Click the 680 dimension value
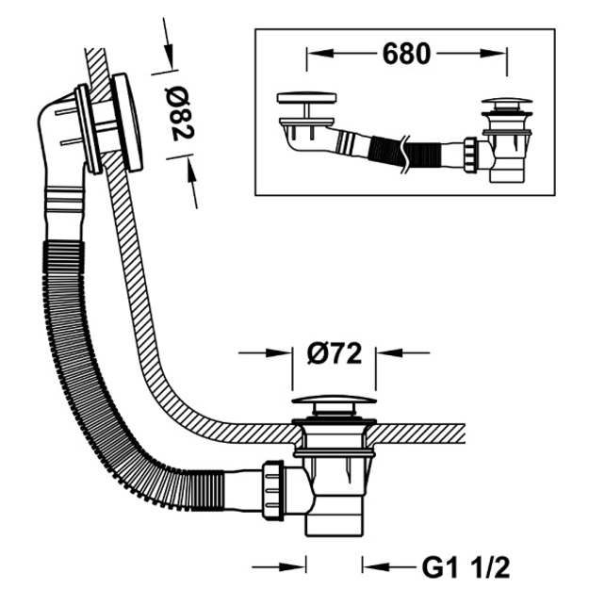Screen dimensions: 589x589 [406, 54]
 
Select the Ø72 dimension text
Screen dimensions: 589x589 [334, 353]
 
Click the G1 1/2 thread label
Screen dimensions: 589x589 [466, 567]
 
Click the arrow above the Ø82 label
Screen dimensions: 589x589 [168, 42]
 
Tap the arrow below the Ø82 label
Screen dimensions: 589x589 [192, 182]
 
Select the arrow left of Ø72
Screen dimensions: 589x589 [265, 352]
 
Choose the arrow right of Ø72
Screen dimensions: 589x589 [402, 352]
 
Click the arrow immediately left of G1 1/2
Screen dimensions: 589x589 [389, 566]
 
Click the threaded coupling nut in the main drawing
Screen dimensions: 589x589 [272, 490]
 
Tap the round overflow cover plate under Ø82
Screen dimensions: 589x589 [128, 122]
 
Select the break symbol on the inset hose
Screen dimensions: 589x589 [403, 154]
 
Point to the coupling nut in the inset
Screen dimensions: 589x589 [470, 155]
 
